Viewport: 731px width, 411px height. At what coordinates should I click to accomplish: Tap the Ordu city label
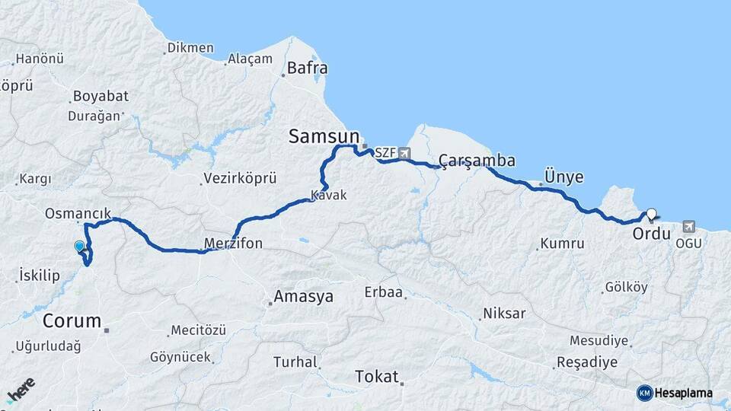[651, 234]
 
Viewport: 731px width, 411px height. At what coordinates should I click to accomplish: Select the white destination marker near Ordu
[652, 214]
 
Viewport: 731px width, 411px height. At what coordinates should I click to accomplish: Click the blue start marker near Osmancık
[79, 246]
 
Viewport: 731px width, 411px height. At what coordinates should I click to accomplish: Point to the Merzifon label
[233, 244]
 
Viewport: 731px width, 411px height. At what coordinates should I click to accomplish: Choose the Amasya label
[303, 297]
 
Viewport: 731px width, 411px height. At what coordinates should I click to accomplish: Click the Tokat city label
[377, 376]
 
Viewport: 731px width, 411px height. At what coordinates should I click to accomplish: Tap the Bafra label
[307, 68]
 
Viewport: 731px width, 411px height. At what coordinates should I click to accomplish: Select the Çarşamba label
[477, 161]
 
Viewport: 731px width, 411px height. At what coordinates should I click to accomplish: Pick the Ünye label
[564, 177]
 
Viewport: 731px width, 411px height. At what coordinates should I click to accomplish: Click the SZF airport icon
[404, 153]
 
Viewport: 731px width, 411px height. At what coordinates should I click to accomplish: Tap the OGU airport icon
[689, 226]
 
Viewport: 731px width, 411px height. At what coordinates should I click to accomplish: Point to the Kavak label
[329, 196]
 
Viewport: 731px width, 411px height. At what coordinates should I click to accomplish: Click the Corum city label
[72, 320]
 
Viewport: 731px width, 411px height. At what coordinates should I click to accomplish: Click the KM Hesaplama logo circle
[644, 393]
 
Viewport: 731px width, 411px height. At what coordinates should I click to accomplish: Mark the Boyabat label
[100, 97]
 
